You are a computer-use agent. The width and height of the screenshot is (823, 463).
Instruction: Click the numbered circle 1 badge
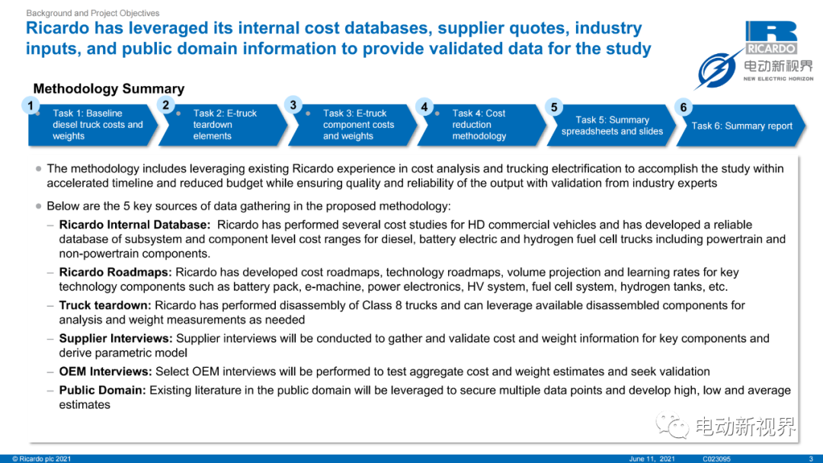pyautogui.click(x=31, y=106)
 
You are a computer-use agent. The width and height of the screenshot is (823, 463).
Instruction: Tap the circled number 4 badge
pyautogui.click(x=424, y=107)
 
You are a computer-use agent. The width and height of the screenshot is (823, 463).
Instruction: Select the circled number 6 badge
pyautogui.click(x=684, y=107)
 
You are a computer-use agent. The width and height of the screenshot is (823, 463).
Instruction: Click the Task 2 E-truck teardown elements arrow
pyautogui.click(x=223, y=125)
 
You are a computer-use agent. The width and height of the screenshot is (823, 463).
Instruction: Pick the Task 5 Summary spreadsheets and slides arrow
pyautogui.click(x=611, y=126)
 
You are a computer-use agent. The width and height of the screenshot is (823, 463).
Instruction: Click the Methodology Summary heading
pyautogui.click(x=109, y=88)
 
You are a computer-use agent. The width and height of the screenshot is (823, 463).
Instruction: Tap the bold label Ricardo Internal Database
pyautogui.click(x=134, y=225)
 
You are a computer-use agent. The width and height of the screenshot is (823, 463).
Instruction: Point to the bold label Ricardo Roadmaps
pyautogui.click(x=115, y=272)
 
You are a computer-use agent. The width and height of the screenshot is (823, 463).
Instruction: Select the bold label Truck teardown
pyautogui.click(x=105, y=305)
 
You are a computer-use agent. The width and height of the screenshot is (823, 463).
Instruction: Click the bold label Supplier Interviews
pyautogui.click(x=116, y=338)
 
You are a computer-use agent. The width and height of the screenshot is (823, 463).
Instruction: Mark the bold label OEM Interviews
pyautogui.click(x=105, y=372)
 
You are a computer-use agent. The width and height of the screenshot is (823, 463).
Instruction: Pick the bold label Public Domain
pyautogui.click(x=102, y=390)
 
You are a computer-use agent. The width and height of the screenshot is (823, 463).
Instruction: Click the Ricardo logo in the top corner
pyautogui.click(x=771, y=37)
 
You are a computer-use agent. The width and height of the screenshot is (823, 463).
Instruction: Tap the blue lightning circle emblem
pyautogui.click(x=717, y=71)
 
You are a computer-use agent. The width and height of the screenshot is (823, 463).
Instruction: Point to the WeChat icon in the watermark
pyautogui.click(x=672, y=425)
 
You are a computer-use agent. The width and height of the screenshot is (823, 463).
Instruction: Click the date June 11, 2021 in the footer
pyautogui.click(x=652, y=458)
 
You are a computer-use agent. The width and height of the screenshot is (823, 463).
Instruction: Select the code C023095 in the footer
pyautogui.click(x=716, y=458)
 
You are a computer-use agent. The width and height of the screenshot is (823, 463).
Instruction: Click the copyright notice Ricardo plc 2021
pyautogui.click(x=41, y=458)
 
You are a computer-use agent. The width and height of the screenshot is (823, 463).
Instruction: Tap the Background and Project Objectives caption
pyautogui.click(x=93, y=13)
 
